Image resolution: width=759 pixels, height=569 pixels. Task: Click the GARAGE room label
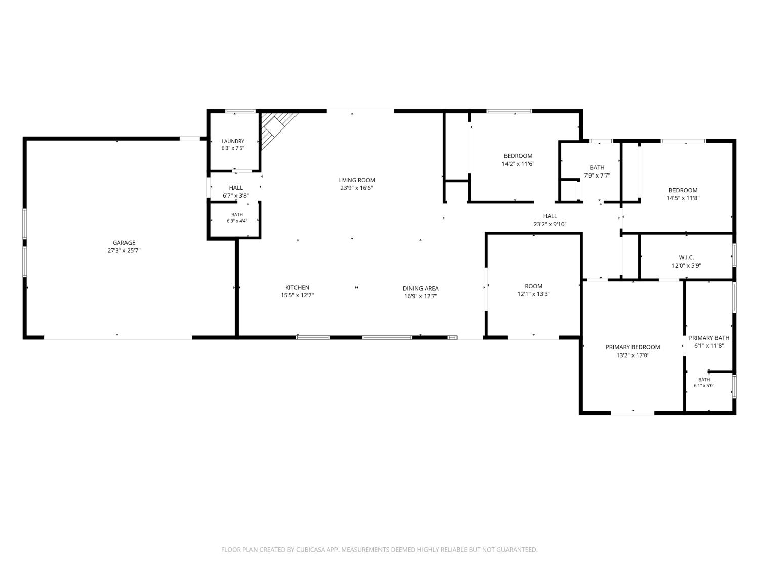[x=124, y=243]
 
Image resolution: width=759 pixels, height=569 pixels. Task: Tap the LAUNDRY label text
[x=233, y=141]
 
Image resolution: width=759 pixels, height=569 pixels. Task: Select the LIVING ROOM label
[x=357, y=180]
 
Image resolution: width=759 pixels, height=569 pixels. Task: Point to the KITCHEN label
[x=297, y=287]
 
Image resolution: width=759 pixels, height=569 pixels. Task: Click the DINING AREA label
[x=420, y=288]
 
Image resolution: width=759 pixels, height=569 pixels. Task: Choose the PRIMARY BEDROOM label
[x=633, y=347]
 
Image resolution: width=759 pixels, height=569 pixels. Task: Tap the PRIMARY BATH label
[x=709, y=338]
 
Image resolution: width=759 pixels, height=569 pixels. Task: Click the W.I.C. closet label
[x=686, y=258]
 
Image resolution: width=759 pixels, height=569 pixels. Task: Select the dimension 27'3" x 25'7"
[x=124, y=251]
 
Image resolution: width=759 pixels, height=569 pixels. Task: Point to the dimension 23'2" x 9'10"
[x=550, y=224]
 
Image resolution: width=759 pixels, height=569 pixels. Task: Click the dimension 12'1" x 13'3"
[x=533, y=294]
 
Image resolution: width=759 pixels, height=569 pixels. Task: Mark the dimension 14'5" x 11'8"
[x=683, y=198]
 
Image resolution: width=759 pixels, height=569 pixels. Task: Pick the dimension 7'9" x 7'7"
[x=597, y=176]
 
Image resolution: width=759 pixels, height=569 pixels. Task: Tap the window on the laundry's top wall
[x=240, y=111]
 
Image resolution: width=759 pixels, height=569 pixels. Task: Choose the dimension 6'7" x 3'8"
[x=236, y=196]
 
